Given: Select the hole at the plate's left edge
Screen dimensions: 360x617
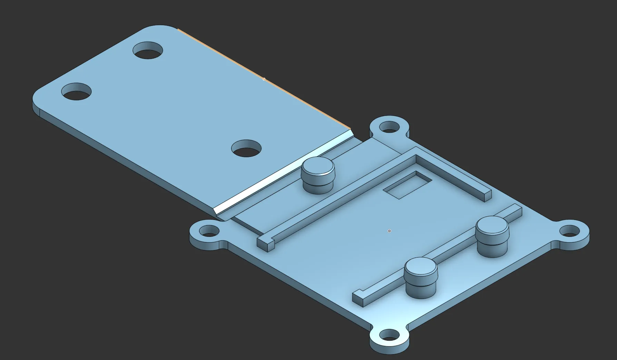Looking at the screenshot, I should click(x=76, y=92).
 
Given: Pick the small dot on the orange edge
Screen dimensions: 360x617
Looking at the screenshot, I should click(x=264, y=79).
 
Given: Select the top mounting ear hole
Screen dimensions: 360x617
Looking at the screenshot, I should click(x=389, y=127).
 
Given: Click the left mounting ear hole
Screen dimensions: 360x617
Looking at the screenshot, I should click(x=209, y=230).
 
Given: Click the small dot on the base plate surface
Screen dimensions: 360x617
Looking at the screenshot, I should click(x=389, y=231).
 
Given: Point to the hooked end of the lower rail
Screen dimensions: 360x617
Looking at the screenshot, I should click(x=359, y=297).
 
